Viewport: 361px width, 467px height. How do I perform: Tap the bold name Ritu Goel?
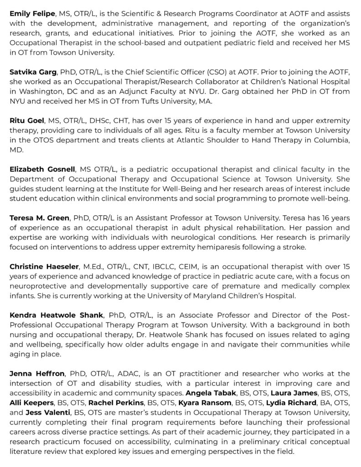point(27,120)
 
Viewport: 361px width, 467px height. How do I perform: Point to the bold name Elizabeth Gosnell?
point(42,169)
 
